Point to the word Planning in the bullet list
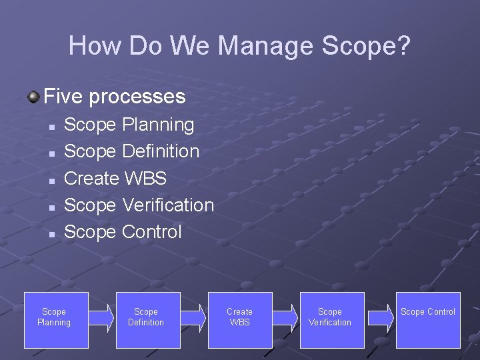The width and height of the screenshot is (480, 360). tap(158, 125)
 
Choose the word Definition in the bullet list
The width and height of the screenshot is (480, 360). tap(161, 151)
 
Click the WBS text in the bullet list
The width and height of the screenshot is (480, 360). tap(145, 178)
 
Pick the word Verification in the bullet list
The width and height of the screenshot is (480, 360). tap(168, 205)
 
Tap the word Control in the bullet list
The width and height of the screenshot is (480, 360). tap(151, 231)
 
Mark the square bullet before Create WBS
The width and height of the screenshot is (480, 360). tap(51, 180)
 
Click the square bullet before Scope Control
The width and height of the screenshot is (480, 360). tap(51, 233)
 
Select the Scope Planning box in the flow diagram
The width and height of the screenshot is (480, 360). tap(56, 320)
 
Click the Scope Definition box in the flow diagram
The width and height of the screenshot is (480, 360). tap(148, 320)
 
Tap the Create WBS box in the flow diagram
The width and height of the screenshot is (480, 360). tap(240, 320)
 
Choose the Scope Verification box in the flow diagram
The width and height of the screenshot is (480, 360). tap(332, 320)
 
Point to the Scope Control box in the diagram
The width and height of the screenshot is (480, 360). tap(428, 320)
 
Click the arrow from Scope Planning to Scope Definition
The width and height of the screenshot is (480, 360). tap(102, 317)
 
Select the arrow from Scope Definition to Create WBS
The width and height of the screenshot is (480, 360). tap(193, 317)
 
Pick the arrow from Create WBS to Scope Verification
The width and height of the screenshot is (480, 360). tap(285, 317)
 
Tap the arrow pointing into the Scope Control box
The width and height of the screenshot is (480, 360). tap(380, 317)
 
